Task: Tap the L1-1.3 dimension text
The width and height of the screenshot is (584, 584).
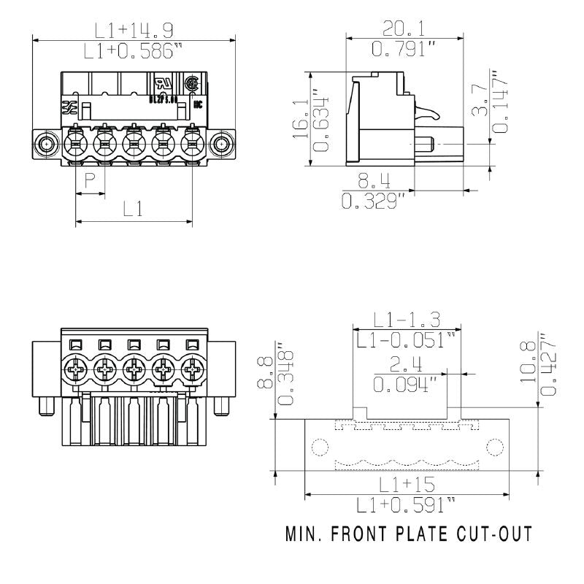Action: [407, 319]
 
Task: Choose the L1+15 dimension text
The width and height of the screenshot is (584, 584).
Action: [407, 485]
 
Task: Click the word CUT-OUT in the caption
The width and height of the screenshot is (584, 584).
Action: [491, 534]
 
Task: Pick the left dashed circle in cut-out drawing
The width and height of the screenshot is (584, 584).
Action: [319, 446]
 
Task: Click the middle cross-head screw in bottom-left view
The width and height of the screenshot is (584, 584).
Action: [134, 371]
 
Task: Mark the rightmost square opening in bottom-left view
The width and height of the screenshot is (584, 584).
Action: [193, 345]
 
